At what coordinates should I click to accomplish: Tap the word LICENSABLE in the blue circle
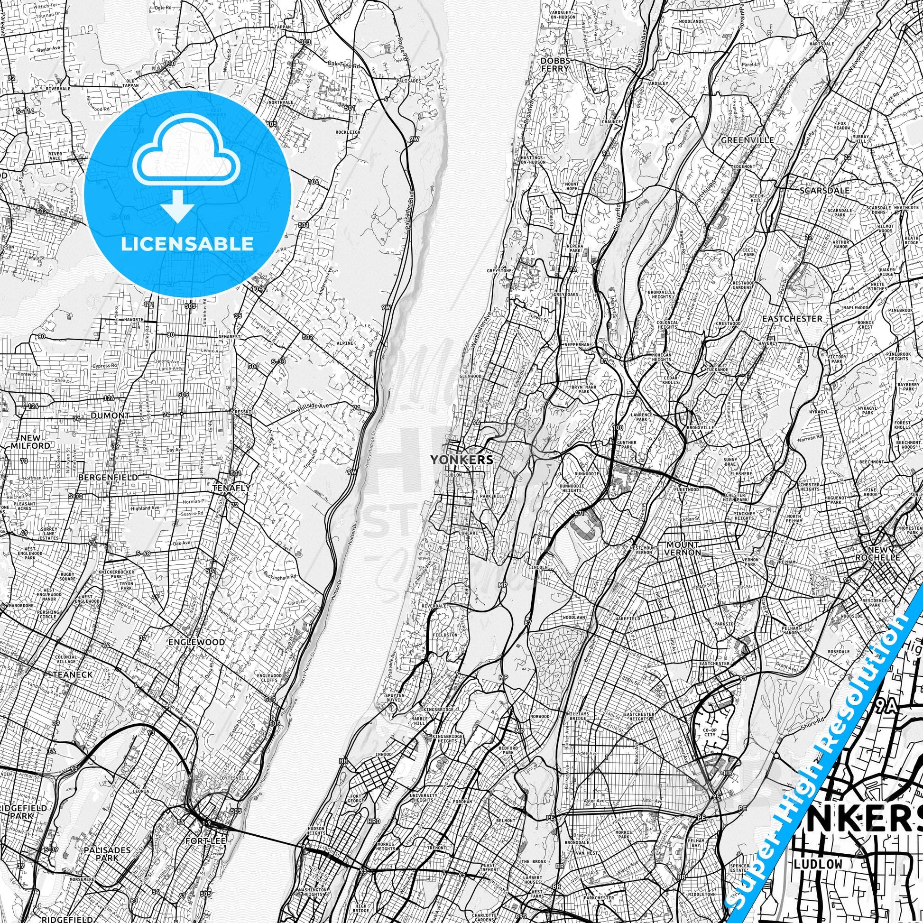coord(187,244)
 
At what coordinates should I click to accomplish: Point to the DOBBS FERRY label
coord(554,65)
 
